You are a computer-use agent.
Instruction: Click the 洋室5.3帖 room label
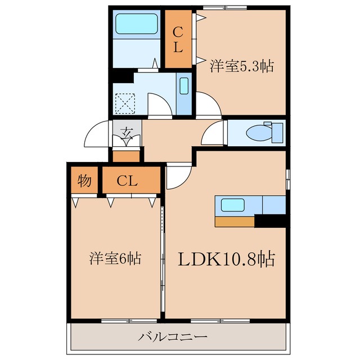click(x=242, y=66)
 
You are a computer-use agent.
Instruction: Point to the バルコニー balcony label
click(x=173, y=337)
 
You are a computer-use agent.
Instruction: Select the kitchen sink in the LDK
click(x=232, y=205)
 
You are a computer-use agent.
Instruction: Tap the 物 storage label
click(x=84, y=181)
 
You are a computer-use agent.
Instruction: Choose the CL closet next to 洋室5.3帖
click(x=178, y=39)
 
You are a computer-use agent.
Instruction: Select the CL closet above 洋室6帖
click(x=128, y=181)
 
